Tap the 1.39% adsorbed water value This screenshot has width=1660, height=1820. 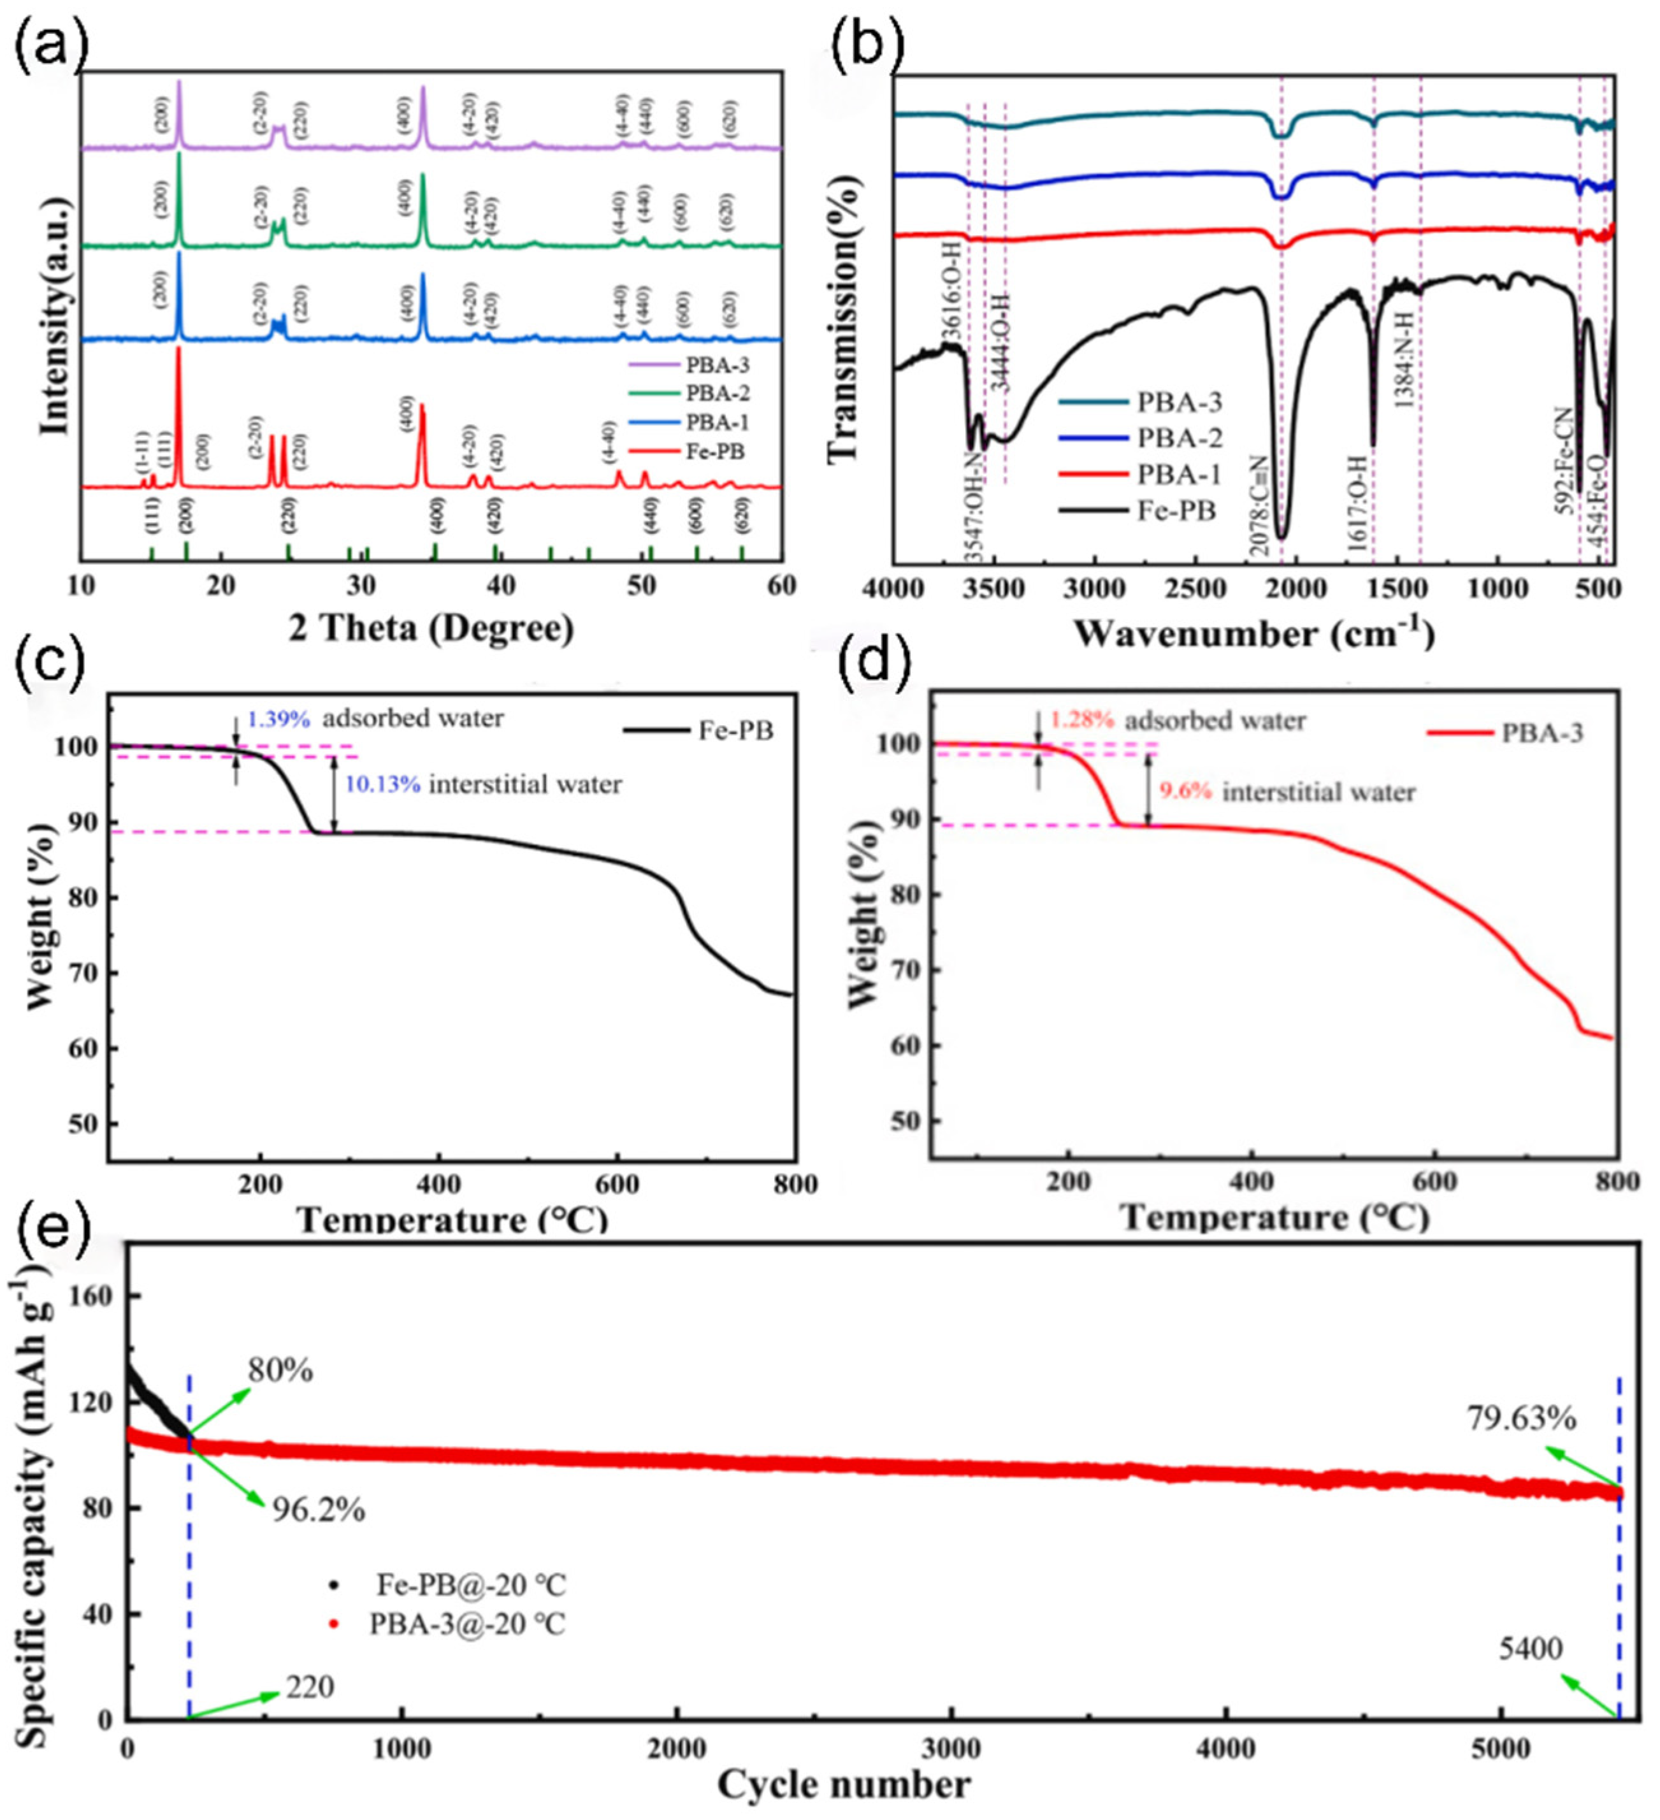click(279, 719)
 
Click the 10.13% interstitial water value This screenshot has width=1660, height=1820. click(383, 784)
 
